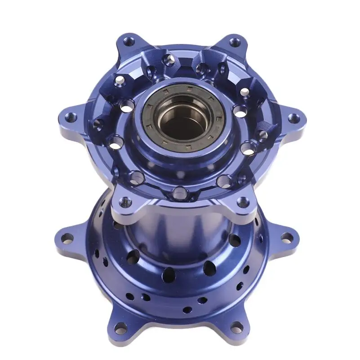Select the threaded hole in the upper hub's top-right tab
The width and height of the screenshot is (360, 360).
[x=235, y=43]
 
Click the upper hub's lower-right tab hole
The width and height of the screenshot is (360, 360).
[x=243, y=202]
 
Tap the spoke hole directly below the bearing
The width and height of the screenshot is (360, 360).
[x=180, y=193]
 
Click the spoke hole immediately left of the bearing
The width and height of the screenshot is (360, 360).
[x=127, y=106]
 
